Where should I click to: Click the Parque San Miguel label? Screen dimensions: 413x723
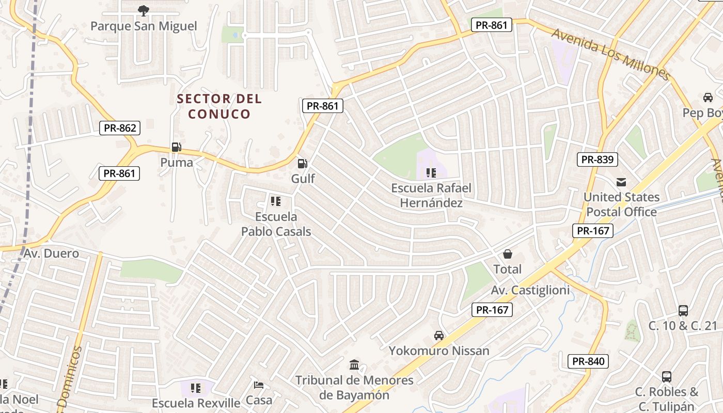(144, 26)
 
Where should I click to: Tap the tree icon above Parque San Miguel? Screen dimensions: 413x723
(144, 10)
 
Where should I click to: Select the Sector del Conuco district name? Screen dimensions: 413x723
(219, 106)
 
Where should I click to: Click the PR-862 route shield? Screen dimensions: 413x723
(120, 128)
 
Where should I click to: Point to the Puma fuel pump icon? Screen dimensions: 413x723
(177, 147)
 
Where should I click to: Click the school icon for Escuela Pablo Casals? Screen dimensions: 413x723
(276, 201)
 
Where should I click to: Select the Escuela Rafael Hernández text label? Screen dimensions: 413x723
(431, 195)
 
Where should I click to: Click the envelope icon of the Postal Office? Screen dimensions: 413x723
(621, 182)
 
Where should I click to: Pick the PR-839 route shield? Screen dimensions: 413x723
(598, 160)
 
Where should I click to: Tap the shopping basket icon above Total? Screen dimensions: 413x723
(508, 254)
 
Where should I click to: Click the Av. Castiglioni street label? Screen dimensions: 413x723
(530, 290)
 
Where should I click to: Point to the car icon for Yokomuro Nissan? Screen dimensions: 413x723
(439, 336)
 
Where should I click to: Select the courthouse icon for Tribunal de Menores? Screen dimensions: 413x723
(354, 365)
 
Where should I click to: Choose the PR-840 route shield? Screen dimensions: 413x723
(588, 361)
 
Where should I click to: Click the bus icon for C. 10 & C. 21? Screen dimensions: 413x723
(683, 310)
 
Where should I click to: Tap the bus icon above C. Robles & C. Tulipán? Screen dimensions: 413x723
(667, 376)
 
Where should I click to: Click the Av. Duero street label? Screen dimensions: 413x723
(51, 253)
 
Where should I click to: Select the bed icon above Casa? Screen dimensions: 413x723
(259, 385)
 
